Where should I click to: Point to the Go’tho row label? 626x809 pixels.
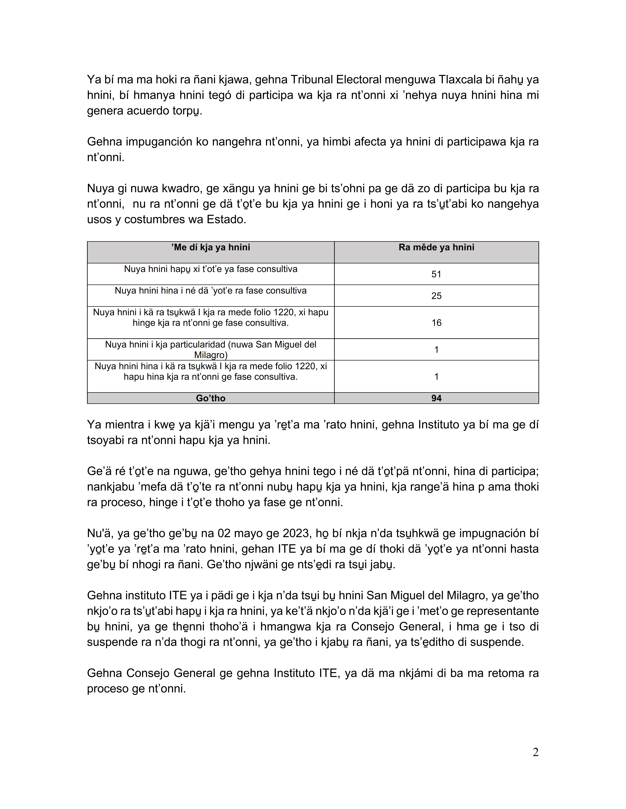pyautogui.click(x=211, y=398)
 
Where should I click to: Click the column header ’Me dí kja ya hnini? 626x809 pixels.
pyautogui.click(x=211, y=247)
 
